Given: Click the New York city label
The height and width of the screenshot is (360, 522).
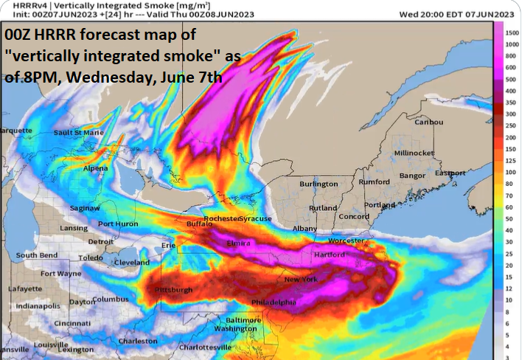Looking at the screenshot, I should [x=301, y=280].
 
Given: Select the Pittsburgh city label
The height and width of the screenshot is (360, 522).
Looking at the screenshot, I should [x=174, y=291].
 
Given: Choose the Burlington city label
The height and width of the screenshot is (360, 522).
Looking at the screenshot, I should [x=319, y=184].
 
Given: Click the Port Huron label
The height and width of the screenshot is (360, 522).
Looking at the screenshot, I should [x=118, y=224].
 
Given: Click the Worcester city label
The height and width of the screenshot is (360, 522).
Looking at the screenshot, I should [x=345, y=240].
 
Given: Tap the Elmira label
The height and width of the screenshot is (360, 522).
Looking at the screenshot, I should [x=238, y=243].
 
